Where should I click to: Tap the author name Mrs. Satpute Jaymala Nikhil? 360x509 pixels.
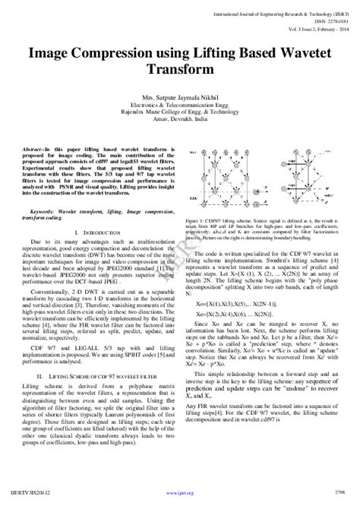click(x=180, y=99)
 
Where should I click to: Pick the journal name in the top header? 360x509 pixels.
click(x=285, y=15)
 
